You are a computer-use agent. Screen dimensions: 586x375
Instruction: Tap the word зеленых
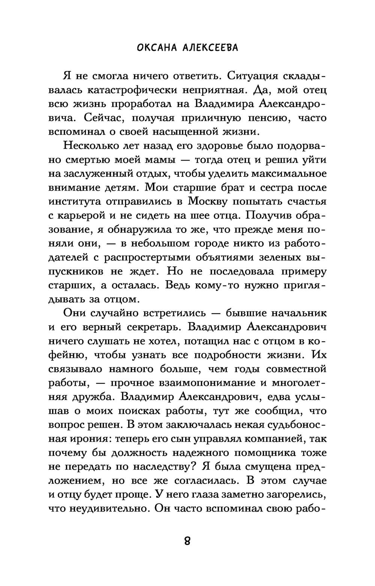coord(277,257)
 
